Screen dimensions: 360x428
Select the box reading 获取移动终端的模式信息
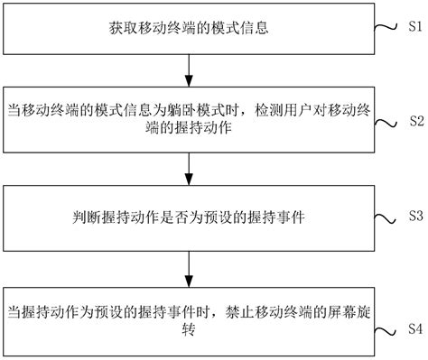pyautogui.click(x=188, y=28)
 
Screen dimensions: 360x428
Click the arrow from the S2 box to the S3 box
pyautogui.click(x=188, y=168)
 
